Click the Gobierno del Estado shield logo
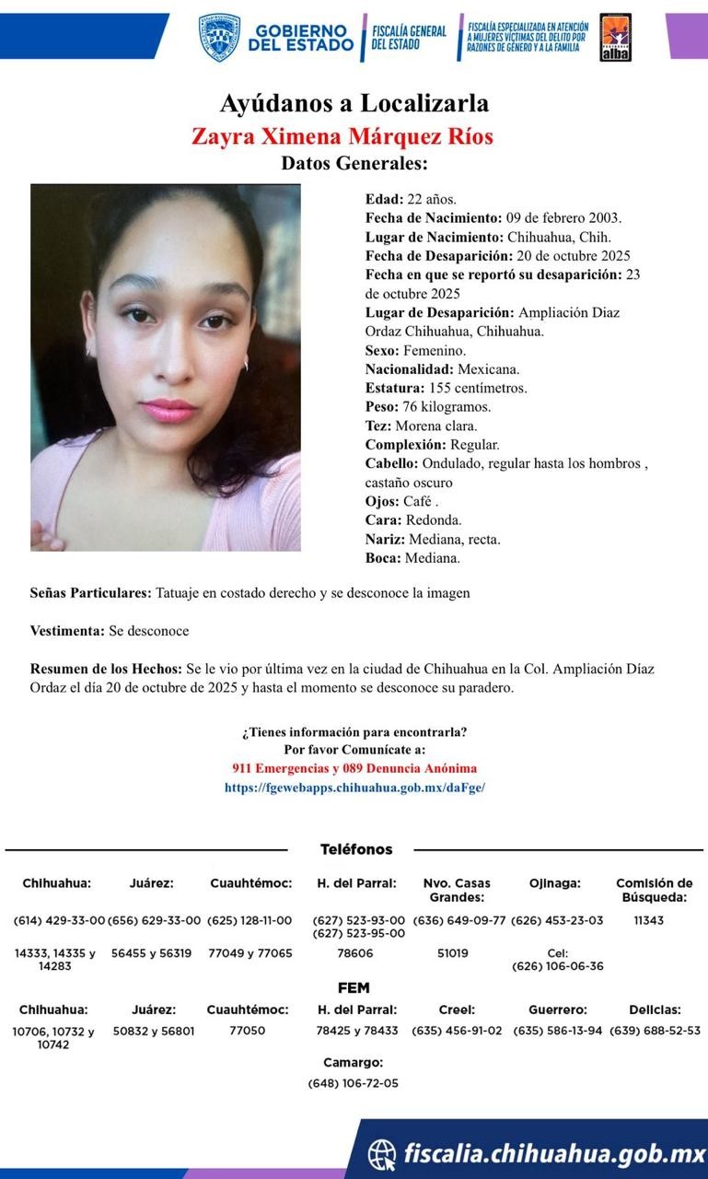coord(219,37)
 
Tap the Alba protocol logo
coord(615,38)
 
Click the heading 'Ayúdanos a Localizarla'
coord(354,103)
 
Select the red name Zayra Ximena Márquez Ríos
coord(342,137)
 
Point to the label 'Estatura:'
coord(394,388)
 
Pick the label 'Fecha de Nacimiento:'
coord(433,217)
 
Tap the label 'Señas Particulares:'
coord(90,593)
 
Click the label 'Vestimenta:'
coord(67,631)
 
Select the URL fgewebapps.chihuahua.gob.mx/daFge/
coord(354,788)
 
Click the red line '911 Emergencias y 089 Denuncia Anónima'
coord(354,768)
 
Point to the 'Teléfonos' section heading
coord(356,849)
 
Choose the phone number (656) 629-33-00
coord(154,920)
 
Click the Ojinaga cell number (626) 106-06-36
coord(558,966)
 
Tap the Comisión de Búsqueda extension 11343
coord(648,920)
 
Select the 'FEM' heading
coord(354,988)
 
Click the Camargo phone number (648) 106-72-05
coord(354,1083)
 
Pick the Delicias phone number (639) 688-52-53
coord(655,1031)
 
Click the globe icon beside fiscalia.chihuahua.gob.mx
coord(382,1153)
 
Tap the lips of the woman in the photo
coord(168,410)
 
